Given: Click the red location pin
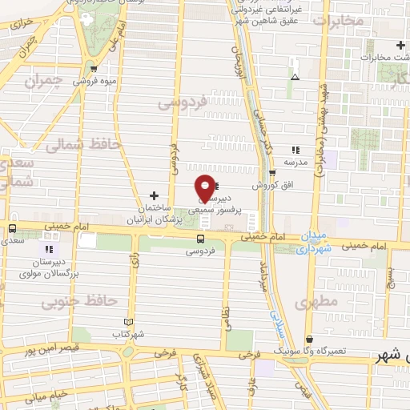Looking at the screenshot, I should pyautogui.click(x=205, y=187).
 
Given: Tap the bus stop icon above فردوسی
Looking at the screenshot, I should pyautogui.click(x=200, y=238).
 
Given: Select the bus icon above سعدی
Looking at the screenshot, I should pyautogui.click(x=11, y=227).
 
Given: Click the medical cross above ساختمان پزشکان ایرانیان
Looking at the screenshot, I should pyautogui.click(x=154, y=195).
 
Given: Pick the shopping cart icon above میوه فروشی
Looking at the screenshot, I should pyautogui.click(x=94, y=69).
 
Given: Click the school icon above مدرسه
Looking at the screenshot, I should pyautogui.click(x=295, y=149).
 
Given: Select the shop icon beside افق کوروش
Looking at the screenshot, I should pyautogui.click(x=272, y=173).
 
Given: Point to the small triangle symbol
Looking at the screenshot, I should pyautogui.click(x=295, y=77).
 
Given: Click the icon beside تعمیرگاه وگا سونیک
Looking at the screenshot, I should pyautogui.click(x=310, y=339).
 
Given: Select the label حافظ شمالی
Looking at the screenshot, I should pyautogui.click(x=82, y=145).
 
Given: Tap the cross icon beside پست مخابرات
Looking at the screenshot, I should pyautogui.click(x=399, y=45).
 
